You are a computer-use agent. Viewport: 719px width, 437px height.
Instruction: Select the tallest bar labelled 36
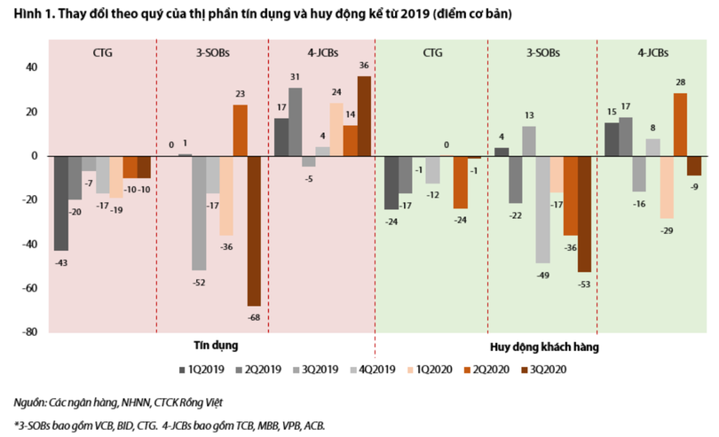[x=365, y=116]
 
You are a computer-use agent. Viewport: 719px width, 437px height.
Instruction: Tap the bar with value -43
[x=61, y=203]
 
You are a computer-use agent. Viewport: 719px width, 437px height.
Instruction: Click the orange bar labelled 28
[x=680, y=125]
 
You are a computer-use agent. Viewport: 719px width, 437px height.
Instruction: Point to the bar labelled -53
[x=585, y=214]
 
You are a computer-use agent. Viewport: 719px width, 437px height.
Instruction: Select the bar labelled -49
[x=543, y=209]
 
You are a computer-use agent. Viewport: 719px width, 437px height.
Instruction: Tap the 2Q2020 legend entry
[x=485, y=370]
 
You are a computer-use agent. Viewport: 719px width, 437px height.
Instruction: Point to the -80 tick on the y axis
[x=29, y=332]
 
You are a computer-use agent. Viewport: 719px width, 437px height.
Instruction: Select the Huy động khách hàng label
[x=543, y=347]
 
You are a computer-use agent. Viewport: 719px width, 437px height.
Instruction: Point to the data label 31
[x=295, y=78]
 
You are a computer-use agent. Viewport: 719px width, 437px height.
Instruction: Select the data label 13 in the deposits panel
[x=529, y=116]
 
